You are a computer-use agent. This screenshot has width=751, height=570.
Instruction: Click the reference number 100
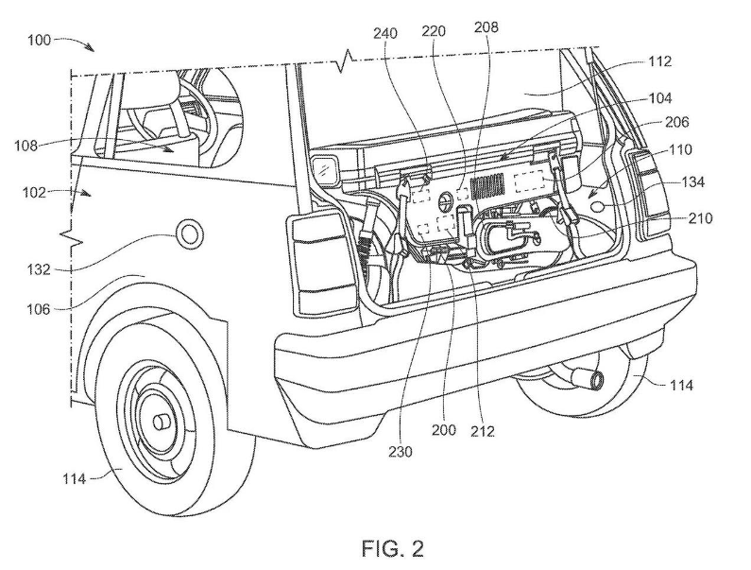[40, 40]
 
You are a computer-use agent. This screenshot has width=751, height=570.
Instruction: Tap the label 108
[26, 146]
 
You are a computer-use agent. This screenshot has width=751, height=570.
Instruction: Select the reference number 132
[39, 269]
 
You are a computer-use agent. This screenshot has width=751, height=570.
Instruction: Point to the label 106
[39, 309]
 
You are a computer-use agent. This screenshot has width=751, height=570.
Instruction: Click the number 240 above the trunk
[385, 34]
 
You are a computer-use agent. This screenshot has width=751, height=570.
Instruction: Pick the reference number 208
[486, 26]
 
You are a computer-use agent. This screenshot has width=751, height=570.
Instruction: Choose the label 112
[660, 61]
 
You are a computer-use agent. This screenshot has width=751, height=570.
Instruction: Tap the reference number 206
[676, 122]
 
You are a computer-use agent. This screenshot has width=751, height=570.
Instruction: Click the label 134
[691, 182]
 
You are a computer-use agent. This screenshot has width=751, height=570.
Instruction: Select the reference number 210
[700, 218]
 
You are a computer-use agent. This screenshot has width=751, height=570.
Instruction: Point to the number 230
[401, 452]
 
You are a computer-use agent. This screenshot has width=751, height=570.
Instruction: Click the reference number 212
[483, 431]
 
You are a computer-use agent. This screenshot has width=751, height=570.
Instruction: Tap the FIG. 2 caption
[393, 548]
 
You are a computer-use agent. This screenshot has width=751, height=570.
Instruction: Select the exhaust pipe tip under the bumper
[595, 379]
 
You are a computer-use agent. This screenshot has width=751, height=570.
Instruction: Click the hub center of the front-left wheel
[162, 423]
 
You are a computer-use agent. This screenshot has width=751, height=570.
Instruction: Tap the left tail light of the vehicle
[322, 262]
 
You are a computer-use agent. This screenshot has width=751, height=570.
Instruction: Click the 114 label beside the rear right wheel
[680, 385]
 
